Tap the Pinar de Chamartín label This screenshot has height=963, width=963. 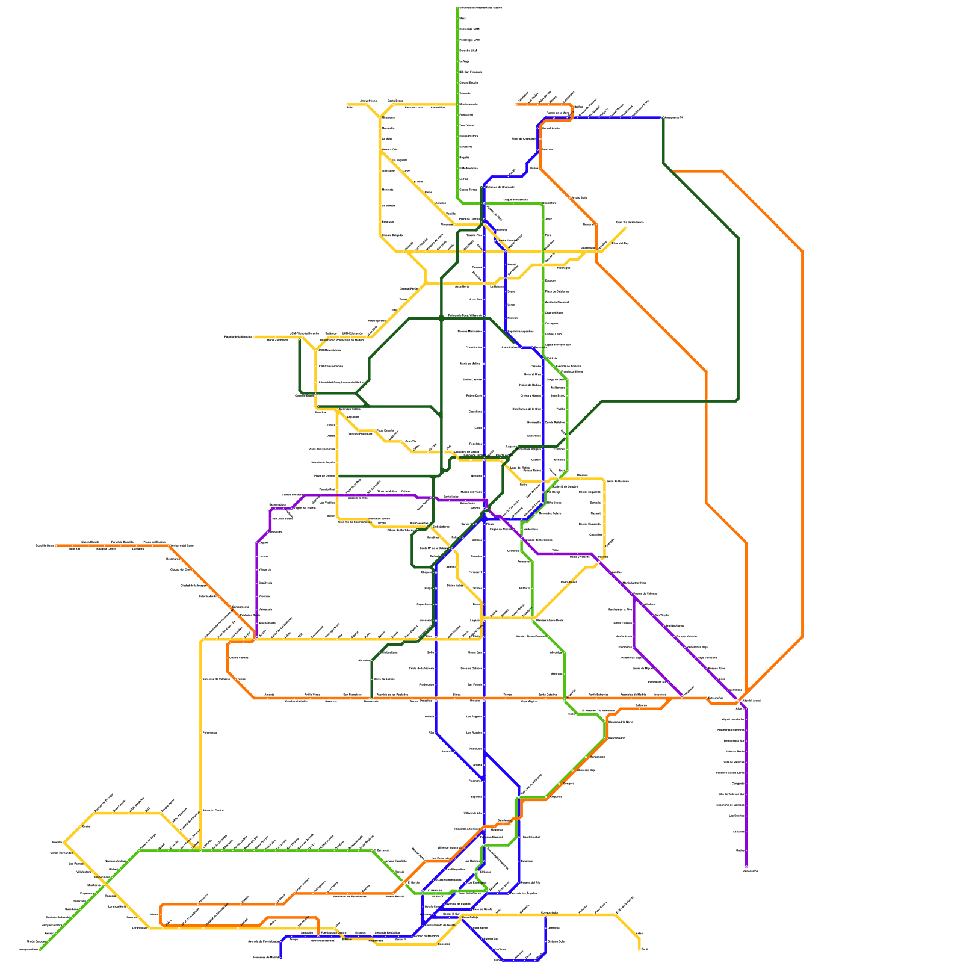click(524, 138)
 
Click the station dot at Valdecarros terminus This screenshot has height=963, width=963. click(746, 867)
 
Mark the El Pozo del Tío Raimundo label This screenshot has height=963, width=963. click(598, 710)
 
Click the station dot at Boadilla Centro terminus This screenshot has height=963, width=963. click(55, 545)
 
